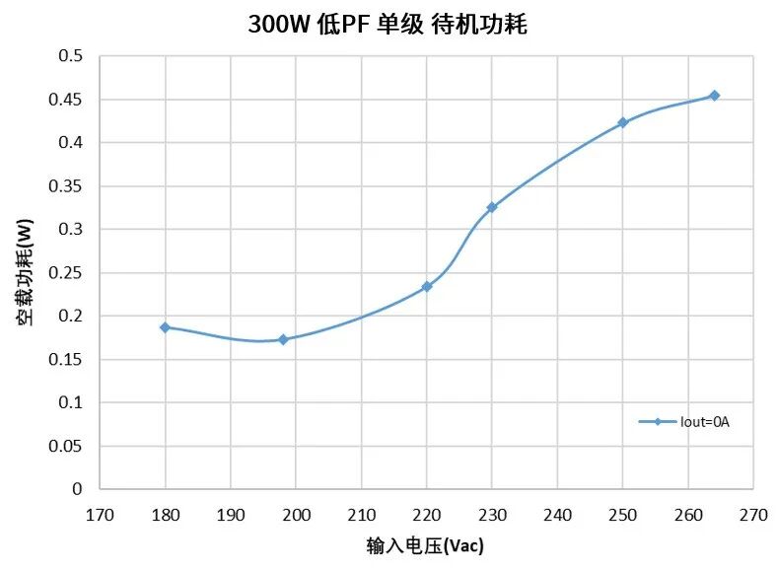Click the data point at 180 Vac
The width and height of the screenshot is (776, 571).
pos(165,326)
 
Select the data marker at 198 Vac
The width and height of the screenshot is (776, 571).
pos(283,339)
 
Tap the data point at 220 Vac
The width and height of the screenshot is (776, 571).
pos(427,286)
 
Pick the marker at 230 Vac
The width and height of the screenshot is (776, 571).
pos(492,207)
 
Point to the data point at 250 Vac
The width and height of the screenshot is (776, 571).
pos(622,122)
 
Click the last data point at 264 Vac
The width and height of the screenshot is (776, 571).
pos(714,96)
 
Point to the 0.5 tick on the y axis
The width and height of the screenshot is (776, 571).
pos(71,56)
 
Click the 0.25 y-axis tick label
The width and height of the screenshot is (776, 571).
pos(67,273)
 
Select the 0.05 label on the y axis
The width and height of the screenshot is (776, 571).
pos(67,446)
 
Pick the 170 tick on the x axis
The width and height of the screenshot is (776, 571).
pos(100,513)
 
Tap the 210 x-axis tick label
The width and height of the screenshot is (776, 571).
pos(361,513)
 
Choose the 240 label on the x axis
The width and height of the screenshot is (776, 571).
pos(557,513)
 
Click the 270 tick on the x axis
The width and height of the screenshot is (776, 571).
pos(753,513)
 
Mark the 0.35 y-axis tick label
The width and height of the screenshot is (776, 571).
pos(67,186)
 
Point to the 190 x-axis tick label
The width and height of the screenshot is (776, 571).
pos(231,513)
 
